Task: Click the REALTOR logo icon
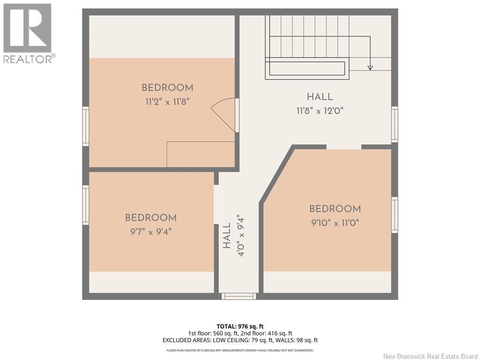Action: coord(27,28)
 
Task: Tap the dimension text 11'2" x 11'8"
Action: coord(167,101)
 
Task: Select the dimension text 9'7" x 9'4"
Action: coord(150,232)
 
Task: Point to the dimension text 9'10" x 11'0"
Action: coord(335,223)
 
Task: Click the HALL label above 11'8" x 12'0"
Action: coord(320,97)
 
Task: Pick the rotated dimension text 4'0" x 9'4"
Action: coord(240,237)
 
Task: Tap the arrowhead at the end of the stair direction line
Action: coord(370,67)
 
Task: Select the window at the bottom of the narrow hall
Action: coord(239,296)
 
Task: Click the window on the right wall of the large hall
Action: coord(395,124)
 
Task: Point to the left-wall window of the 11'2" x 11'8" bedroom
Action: coord(85,126)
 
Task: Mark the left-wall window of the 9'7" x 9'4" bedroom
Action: coord(85,205)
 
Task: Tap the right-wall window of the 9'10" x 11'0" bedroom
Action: coord(395,215)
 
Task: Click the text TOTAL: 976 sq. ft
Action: coord(240,326)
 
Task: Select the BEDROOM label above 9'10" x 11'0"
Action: coord(335,209)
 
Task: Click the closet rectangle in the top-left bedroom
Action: coord(201,154)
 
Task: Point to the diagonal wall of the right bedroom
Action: coord(277,175)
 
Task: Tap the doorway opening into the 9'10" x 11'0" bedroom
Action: coord(344,147)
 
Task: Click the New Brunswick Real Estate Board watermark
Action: coord(430,356)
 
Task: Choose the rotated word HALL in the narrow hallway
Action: coord(226,236)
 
